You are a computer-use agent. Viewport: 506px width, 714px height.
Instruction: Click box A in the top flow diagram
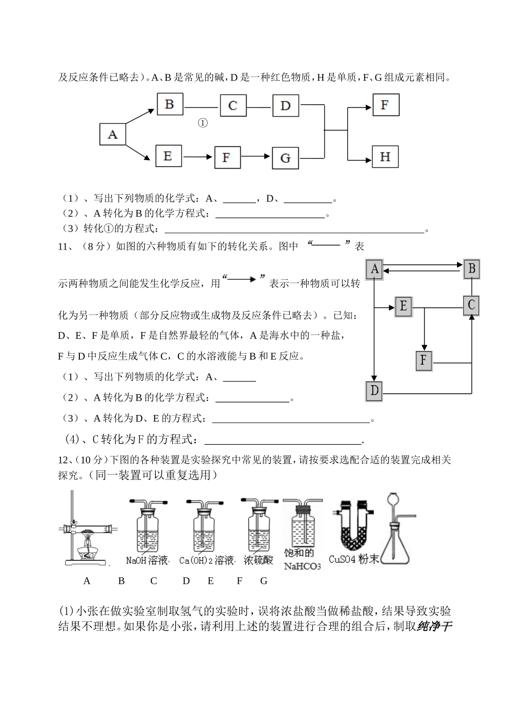pos(112,134)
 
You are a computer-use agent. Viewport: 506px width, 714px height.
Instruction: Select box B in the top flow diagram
pos(169,104)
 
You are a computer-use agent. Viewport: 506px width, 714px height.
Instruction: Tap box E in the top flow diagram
pos(168,156)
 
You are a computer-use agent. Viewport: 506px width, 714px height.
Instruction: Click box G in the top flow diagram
pos(285,158)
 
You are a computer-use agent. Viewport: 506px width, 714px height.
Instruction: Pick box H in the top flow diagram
pos(385,157)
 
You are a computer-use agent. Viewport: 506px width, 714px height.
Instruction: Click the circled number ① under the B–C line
pos(202,123)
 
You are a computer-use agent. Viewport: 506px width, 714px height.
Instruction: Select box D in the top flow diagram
pos(285,105)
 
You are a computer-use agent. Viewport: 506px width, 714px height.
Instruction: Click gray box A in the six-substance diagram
pos(374,269)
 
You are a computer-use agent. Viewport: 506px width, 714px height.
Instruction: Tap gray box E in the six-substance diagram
pos(403,306)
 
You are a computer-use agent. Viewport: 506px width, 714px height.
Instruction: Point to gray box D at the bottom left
pos(374,392)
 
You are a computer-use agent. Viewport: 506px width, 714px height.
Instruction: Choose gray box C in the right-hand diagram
pos(471,305)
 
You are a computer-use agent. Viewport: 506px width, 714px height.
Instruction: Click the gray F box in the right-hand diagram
pos(423,361)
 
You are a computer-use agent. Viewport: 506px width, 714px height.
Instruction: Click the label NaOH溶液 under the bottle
pos(147,560)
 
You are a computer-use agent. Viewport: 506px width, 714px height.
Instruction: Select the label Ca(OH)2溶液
pos(207,560)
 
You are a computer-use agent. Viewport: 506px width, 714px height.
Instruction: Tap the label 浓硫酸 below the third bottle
pos(258,560)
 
